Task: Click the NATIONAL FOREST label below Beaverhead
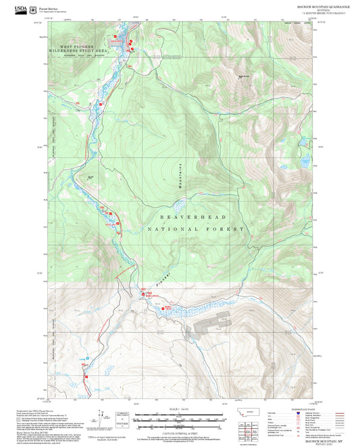point(195,230)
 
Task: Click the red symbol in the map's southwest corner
point(86,369)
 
